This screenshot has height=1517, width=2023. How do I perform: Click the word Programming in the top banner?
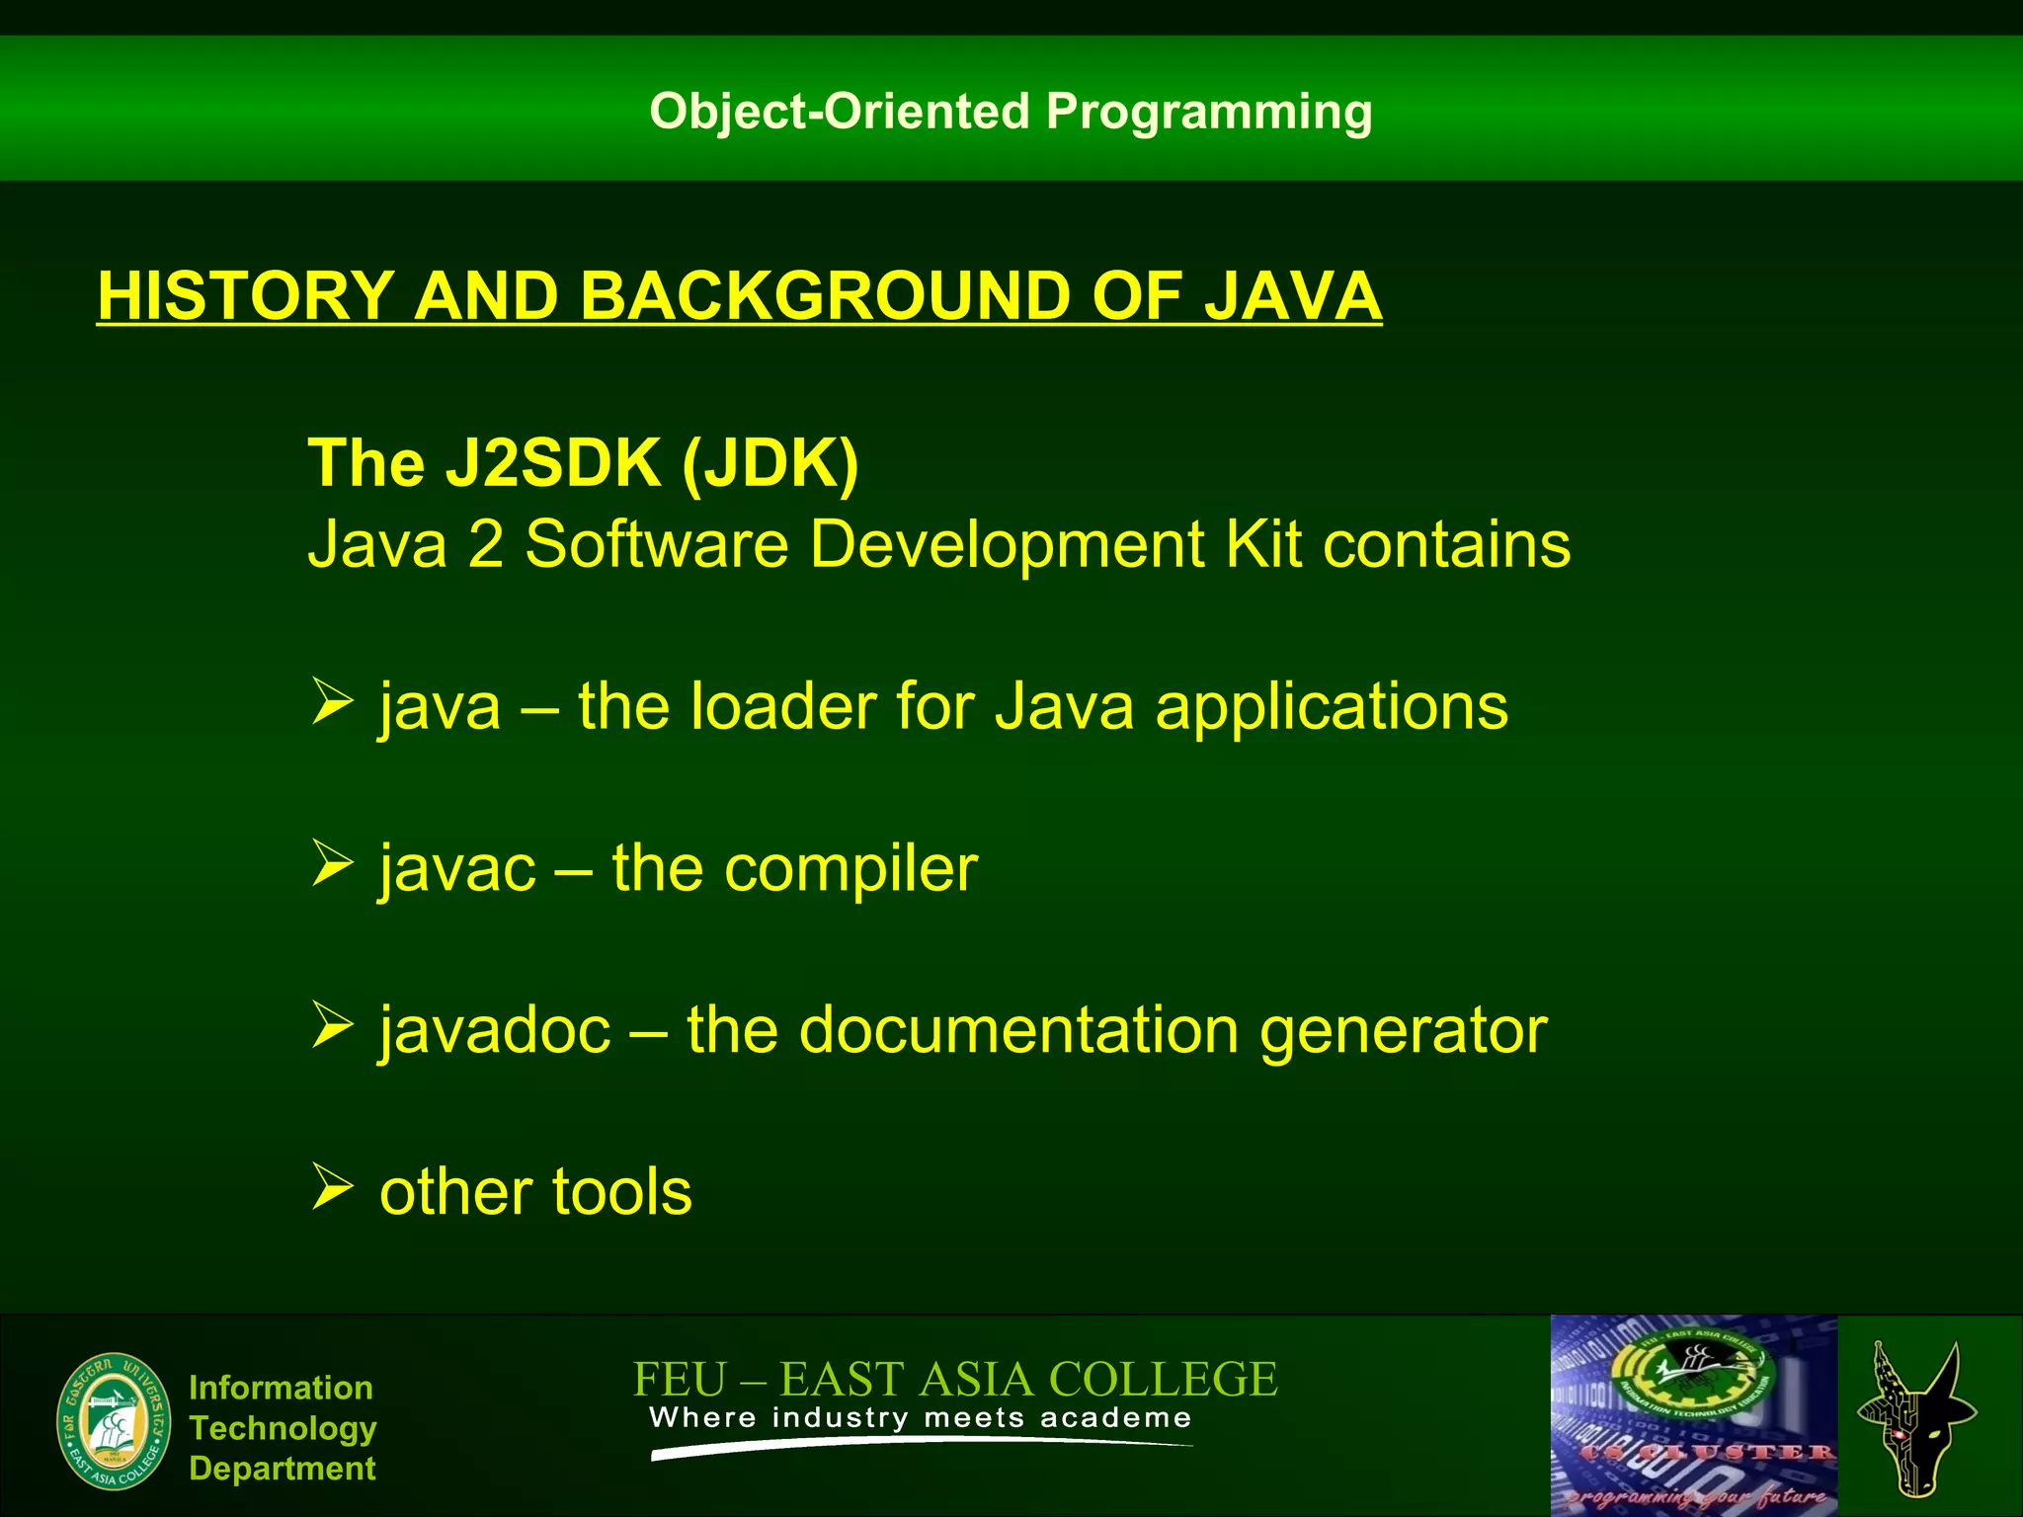(1209, 113)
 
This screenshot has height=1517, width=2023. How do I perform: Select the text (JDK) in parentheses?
(769, 463)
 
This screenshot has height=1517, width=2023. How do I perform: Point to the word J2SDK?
(553, 463)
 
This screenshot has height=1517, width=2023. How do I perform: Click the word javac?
(457, 869)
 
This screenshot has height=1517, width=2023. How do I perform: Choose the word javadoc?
(495, 1031)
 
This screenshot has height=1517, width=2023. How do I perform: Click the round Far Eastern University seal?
(114, 1422)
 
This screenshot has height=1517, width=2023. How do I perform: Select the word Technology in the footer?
(283, 1428)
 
